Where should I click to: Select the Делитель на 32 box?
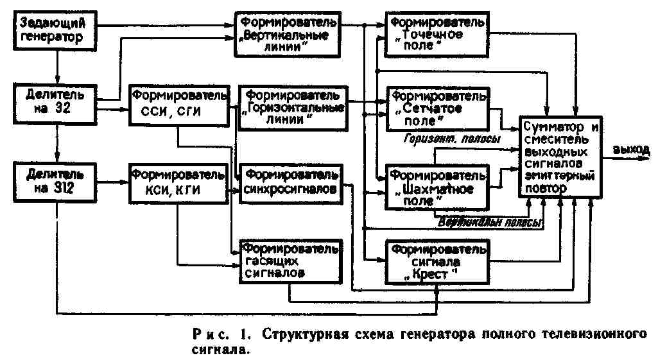(x=57, y=101)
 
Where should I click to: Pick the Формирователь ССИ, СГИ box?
(x=178, y=101)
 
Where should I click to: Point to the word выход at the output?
(x=632, y=150)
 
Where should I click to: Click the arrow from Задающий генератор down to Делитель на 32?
(x=57, y=66)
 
